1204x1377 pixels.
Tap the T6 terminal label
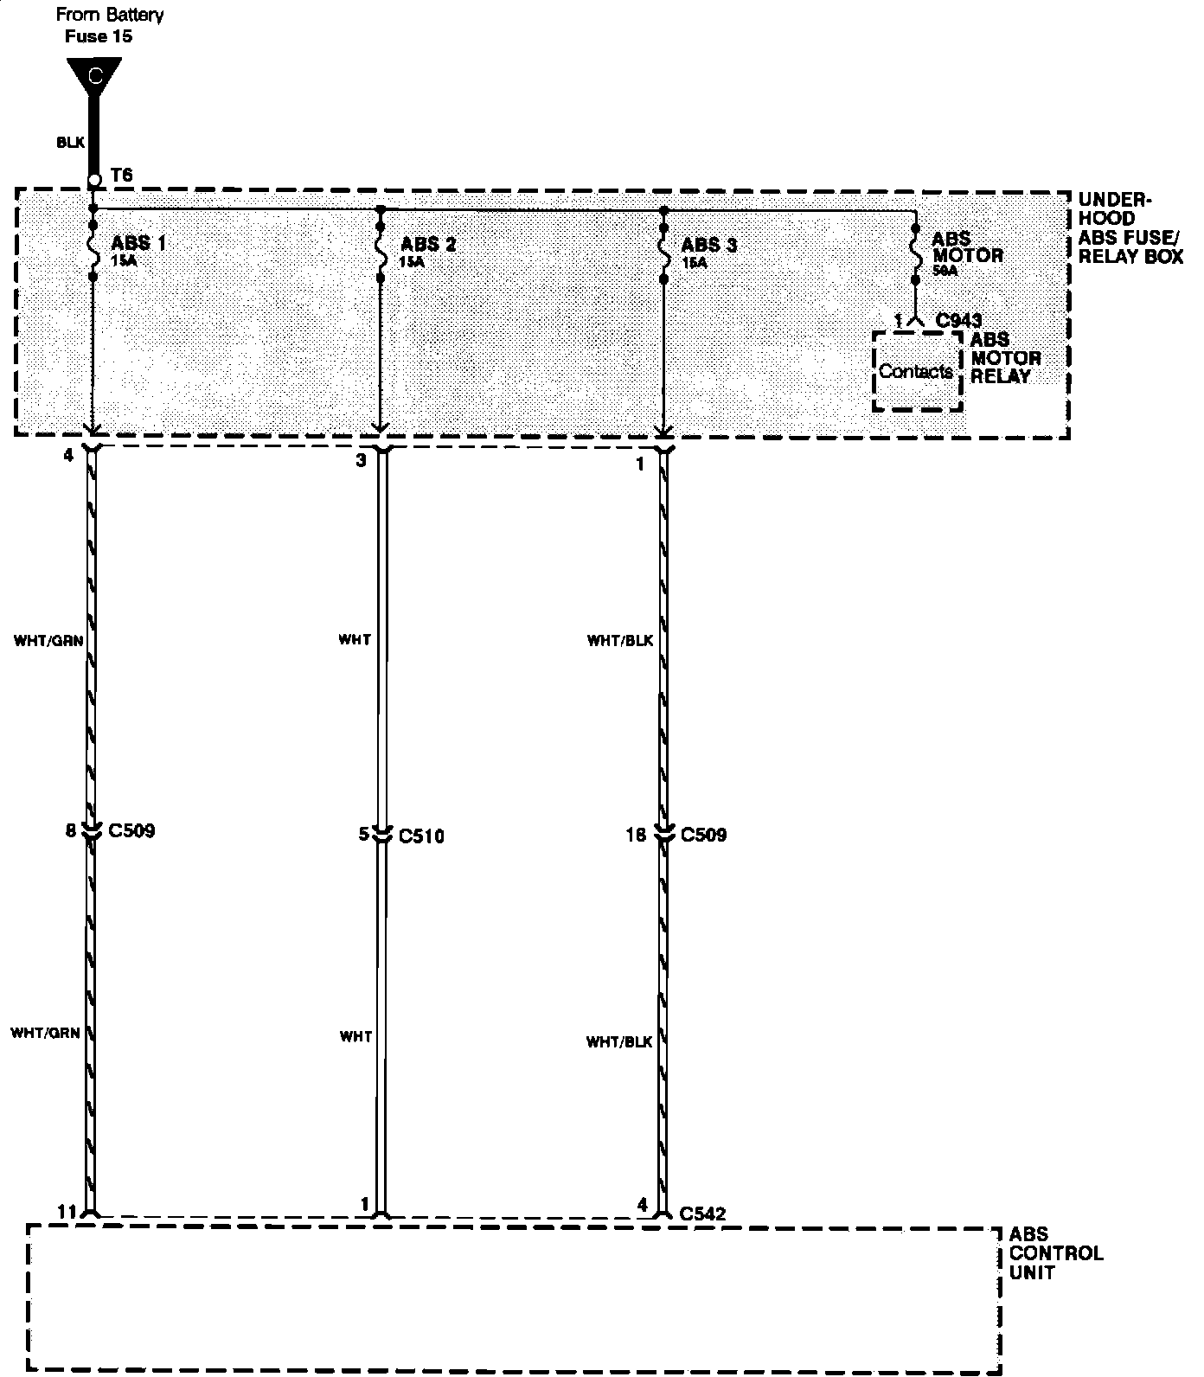pyautogui.click(x=122, y=176)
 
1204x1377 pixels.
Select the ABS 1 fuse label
pyautogui.click(x=138, y=243)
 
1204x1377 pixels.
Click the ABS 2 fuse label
pyautogui.click(x=428, y=244)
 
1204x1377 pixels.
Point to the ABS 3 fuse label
pyautogui.click(x=708, y=246)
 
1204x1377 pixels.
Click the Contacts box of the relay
pyautogui.click(x=917, y=372)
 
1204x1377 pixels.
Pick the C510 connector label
pyautogui.click(x=421, y=836)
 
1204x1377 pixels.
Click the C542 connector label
pyautogui.click(x=702, y=1214)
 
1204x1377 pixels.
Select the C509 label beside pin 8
pyautogui.click(x=131, y=831)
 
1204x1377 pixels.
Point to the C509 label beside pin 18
pyautogui.click(x=703, y=836)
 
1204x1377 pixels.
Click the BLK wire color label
pyautogui.click(x=70, y=143)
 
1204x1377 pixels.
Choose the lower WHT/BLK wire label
pyautogui.click(x=618, y=1042)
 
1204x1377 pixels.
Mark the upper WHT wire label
pyautogui.click(x=355, y=640)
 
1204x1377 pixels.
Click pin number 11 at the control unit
pyautogui.click(x=67, y=1212)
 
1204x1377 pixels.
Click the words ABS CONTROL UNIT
pyautogui.click(x=1055, y=1253)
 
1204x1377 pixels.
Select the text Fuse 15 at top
pyautogui.click(x=99, y=36)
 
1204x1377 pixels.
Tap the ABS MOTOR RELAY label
pyautogui.click(x=1005, y=358)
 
